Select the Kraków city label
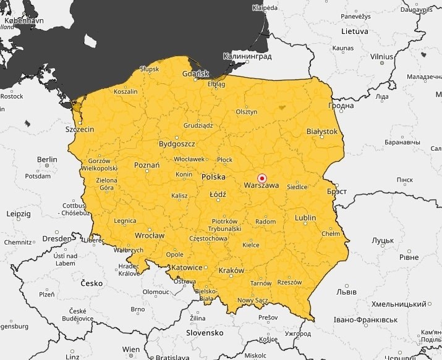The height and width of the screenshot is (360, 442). click(x=232, y=270)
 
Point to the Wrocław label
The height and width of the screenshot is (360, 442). click(x=150, y=235)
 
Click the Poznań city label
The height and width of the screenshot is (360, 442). click(x=147, y=165)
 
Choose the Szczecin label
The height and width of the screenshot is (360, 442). click(x=80, y=130)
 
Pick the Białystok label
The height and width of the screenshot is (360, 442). click(x=322, y=132)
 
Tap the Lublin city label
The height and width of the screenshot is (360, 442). click(x=305, y=218)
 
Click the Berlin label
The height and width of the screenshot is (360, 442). click(x=46, y=159)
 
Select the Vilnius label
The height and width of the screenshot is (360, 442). click(x=381, y=56)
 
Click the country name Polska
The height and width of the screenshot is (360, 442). click(x=213, y=177)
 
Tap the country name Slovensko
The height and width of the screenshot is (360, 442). click(x=205, y=332)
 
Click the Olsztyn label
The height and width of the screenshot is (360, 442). click(x=246, y=112)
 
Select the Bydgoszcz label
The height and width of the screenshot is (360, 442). click(x=177, y=144)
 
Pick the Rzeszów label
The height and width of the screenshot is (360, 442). click(x=289, y=282)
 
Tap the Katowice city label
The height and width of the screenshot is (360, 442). click(x=187, y=267)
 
